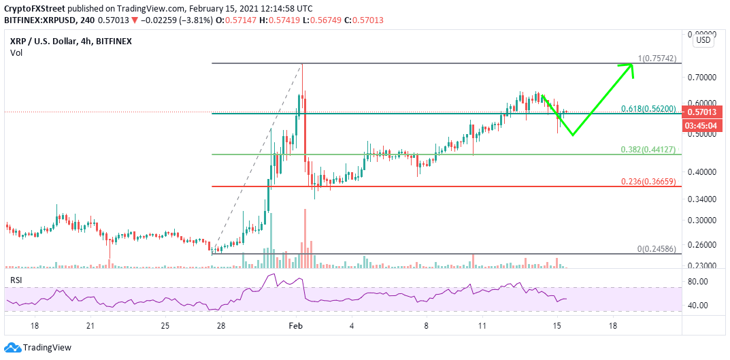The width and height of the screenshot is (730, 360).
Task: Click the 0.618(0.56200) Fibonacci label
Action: coord(648,109)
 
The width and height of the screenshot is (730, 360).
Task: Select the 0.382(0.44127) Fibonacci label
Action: coord(648,150)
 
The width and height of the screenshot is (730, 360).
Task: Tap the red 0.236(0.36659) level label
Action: coord(648,182)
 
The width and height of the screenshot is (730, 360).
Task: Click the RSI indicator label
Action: coord(17,280)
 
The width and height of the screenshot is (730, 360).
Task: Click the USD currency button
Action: coord(703,40)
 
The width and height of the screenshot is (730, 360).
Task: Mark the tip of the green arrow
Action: coord(633,65)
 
